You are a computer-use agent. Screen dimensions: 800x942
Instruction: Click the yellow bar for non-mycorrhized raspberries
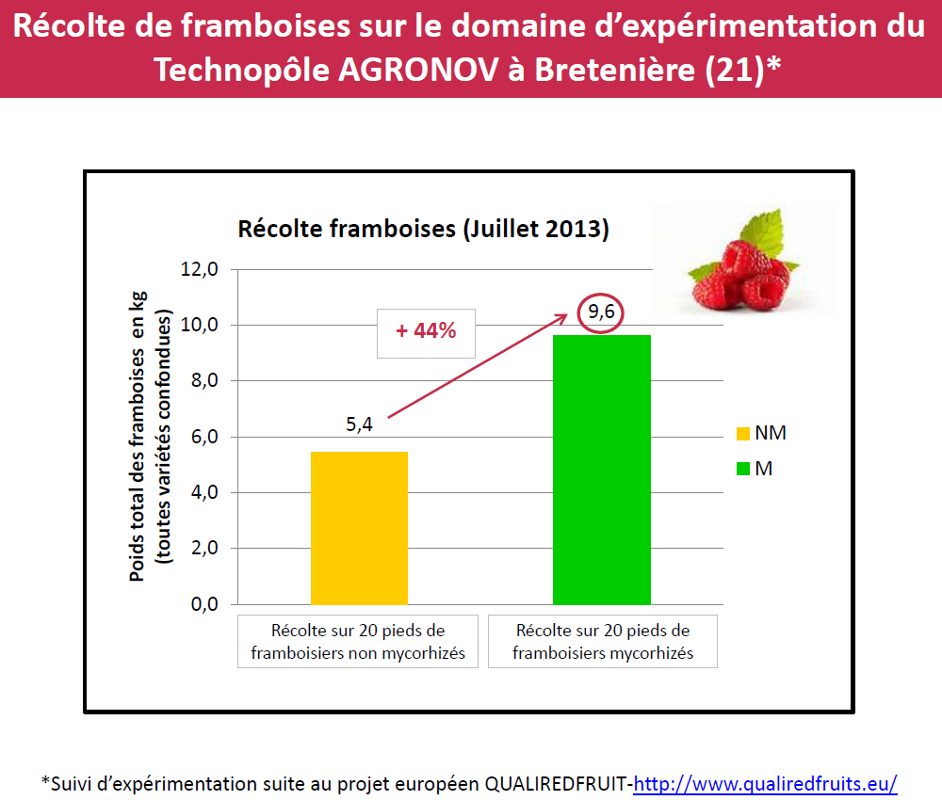tap(359, 527)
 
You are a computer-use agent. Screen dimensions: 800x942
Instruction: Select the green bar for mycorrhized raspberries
tap(602, 469)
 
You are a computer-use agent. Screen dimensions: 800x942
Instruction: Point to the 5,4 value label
tap(360, 424)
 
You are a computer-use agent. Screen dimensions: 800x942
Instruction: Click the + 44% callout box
tap(426, 331)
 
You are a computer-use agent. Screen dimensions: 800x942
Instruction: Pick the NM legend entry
tap(761, 433)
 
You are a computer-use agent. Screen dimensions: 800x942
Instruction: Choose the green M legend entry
tap(754, 468)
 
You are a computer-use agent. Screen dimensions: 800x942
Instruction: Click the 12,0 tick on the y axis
tap(199, 269)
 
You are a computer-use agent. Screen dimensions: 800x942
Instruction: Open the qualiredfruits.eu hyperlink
tap(765, 783)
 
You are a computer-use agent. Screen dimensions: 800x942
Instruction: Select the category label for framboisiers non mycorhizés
tap(358, 641)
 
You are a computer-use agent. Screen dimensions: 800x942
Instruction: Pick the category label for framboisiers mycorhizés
tap(603, 641)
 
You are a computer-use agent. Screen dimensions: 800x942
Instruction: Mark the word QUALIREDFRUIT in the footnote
tap(558, 783)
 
